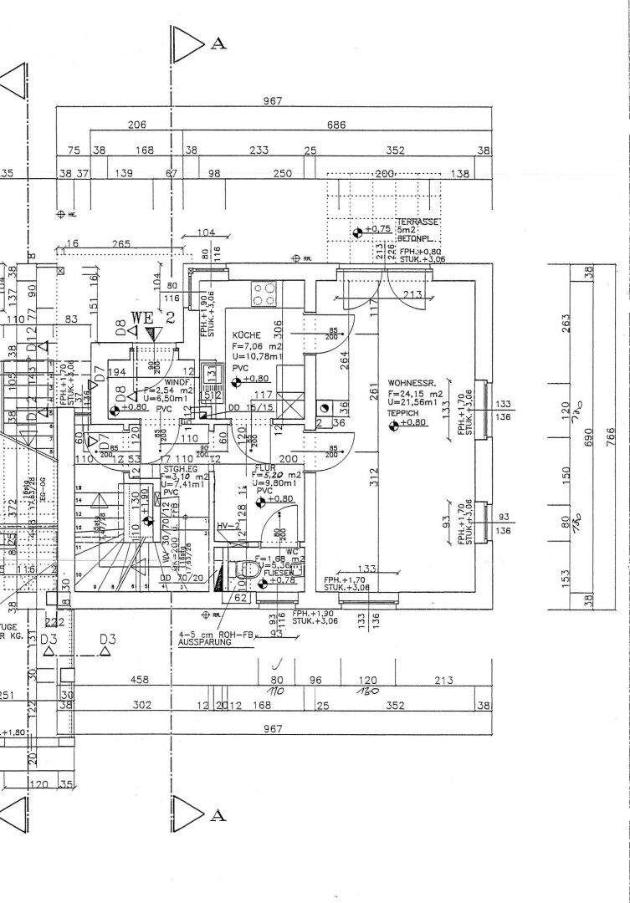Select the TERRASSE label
(x=423, y=223)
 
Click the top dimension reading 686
(x=336, y=125)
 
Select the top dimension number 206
(x=137, y=125)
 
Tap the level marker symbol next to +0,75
(x=358, y=229)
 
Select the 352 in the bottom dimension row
(x=395, y=706)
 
